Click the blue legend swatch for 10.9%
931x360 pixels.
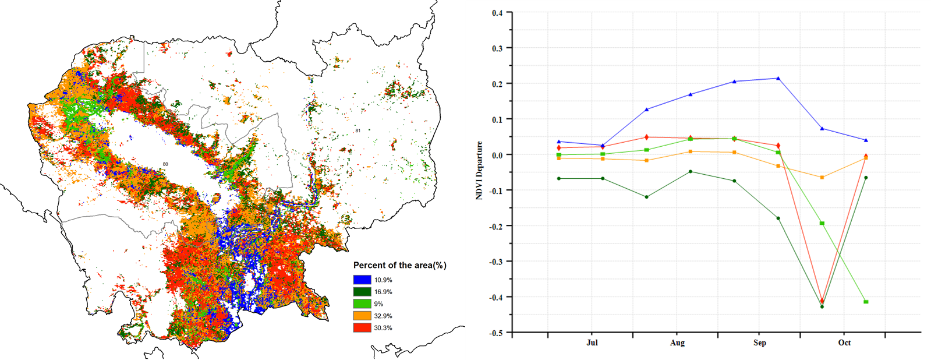point(362,280)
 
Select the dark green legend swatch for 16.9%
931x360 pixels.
point(362,292)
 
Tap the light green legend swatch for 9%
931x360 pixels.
point(362,304)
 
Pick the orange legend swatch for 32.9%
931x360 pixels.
point(362,316)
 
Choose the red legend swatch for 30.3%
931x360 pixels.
point(362,328)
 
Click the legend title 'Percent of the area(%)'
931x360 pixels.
point(399,266)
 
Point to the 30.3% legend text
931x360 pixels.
point(383,328)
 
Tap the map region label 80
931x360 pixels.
point(165,164)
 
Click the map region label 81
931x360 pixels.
point(357,130)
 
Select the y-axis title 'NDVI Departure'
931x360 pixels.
point(479,171)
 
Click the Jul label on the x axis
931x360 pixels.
point(592,343)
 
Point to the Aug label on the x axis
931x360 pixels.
point(677,343)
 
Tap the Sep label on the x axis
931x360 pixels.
point(759,343)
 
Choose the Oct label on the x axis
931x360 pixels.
point(844,343)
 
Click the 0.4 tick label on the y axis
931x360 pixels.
point(497,13)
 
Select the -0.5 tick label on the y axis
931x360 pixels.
point(496,333)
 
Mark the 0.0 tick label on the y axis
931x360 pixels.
point(497,155)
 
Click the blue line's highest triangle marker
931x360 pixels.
point(778,78)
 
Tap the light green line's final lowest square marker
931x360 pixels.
point(866,302)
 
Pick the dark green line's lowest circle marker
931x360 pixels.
point(822,306)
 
